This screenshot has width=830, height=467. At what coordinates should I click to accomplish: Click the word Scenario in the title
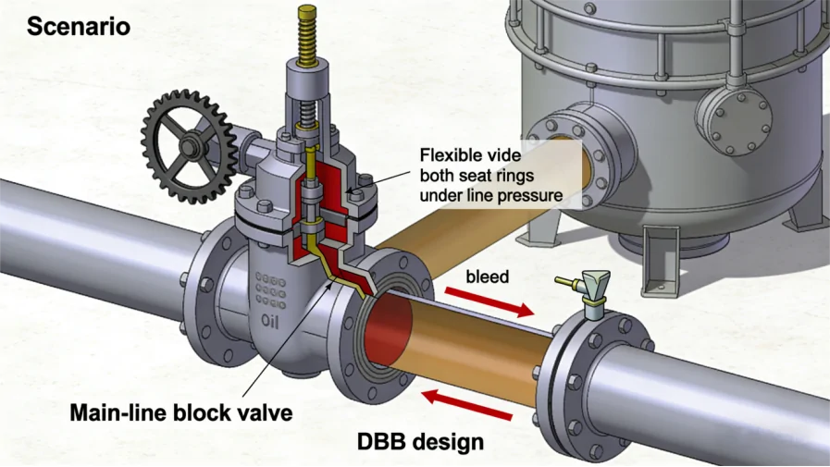pyautogui.click(x=78, y=26)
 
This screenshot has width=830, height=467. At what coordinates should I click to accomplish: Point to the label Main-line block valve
pyautogui.click(x=181, y=412)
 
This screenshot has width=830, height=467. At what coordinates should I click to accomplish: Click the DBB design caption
pyautogui.click(x=420, y=442)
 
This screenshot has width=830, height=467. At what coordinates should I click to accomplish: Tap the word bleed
pyautogui.click(x=487, y=277)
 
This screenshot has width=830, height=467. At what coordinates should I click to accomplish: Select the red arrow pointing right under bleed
pyautogui.click(x=489, y=302)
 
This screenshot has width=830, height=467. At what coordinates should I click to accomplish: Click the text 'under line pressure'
pyautogui.click(x=490, y=195)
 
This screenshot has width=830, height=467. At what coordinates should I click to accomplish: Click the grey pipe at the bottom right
pyautogui.click(x=731, y=398)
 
